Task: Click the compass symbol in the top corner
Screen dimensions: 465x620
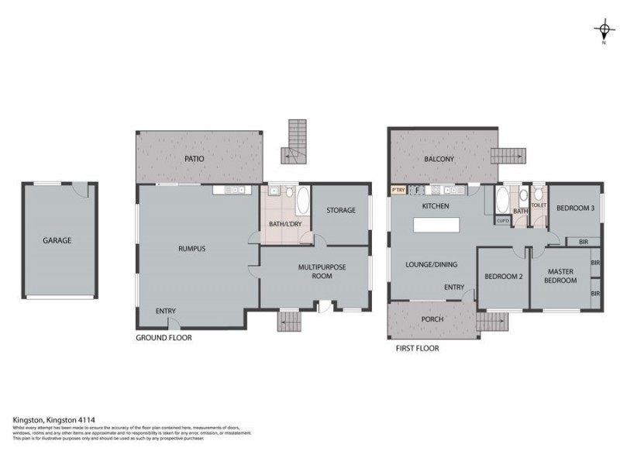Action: coord(604,31)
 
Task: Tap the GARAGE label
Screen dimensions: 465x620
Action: coord(57,240)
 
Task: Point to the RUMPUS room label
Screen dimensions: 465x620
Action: coord(191,249)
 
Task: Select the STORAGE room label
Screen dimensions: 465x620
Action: coord(341,210)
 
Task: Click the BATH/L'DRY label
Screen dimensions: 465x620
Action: coord(285,224)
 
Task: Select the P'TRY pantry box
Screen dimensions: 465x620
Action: coord(398,190)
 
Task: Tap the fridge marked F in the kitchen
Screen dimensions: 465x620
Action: coord(417,190)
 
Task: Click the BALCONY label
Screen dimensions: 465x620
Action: coord(439,160)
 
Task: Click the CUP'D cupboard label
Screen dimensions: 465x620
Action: coord(503,221)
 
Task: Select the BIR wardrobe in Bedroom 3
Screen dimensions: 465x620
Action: coord(582,242)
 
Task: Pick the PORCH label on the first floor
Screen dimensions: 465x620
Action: coord(432,319)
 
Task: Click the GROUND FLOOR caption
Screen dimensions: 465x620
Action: coord(164,338)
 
